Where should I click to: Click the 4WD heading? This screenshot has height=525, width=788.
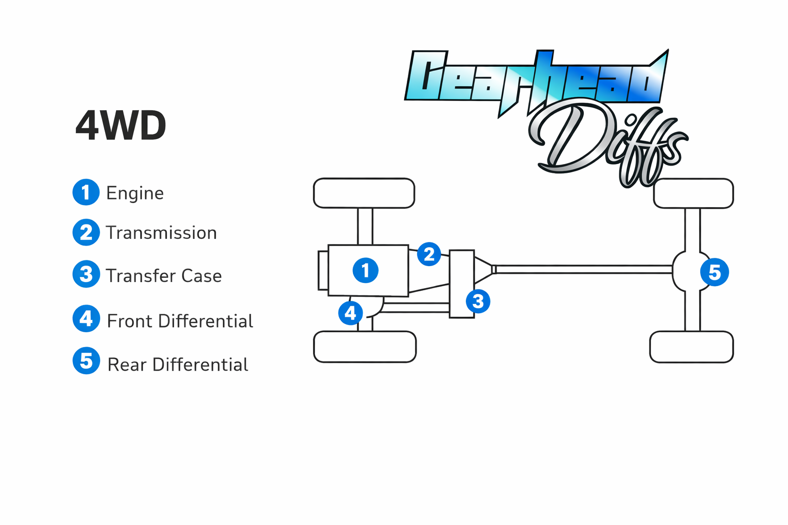click(x=121, y=126)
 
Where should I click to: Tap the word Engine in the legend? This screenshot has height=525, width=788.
click(x=135, y=193)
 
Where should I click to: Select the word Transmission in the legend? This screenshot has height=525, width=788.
click(x=161, y=233)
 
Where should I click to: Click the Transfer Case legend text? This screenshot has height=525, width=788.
click(x=164, y=276)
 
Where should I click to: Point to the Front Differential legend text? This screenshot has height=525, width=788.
click(x=180, y=321)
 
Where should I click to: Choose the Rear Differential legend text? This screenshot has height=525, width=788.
click(x=178, y=365)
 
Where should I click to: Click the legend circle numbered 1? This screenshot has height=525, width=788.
click(x=86, y=192)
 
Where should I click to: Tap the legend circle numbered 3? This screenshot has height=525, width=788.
click(x=86, y=274)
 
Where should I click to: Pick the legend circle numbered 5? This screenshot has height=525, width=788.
click(x=86, y=361)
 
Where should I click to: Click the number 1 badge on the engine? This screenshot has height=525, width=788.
click(x=365, y=270)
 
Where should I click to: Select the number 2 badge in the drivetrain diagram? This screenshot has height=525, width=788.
click(x=429, y=254)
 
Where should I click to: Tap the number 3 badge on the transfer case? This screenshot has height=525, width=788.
click(x=478, y=301)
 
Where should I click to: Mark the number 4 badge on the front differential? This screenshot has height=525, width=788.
click(x=350, y=313)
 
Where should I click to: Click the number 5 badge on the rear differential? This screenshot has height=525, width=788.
click(x=714, y=272)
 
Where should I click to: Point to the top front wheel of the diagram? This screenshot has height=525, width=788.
click(x=364, y=193)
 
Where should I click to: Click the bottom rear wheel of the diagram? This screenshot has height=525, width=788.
click(x=691, y=347)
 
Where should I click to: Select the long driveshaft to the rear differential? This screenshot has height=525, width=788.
click(x=582, y=269)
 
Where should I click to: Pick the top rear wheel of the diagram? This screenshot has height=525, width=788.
click(x=693, y=193)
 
